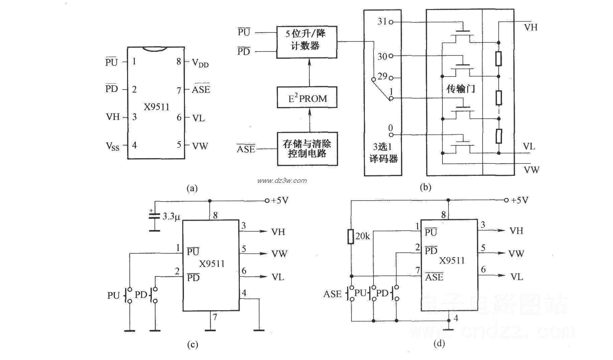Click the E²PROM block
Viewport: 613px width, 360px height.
(307, 98)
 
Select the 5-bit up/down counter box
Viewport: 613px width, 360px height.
(306, 42)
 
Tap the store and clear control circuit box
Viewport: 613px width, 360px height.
(307, 149)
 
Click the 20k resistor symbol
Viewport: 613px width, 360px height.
(350, 237)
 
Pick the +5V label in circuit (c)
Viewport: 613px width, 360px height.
(280, 201)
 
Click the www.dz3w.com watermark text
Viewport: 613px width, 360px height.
(282, 181)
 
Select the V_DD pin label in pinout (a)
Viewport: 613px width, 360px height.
(200, 63)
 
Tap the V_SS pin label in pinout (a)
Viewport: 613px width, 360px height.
(112, 146)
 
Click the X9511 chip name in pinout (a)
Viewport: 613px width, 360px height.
(157, 107)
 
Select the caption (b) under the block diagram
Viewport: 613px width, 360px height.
(426, 187)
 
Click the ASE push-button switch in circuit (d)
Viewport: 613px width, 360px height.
(351, 293)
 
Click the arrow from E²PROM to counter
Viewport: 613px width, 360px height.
(309, 73)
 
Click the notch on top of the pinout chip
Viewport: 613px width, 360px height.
(155, 49)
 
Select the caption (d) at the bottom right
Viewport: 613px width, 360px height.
(439, 344)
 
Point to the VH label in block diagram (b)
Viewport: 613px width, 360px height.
(530, 27)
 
